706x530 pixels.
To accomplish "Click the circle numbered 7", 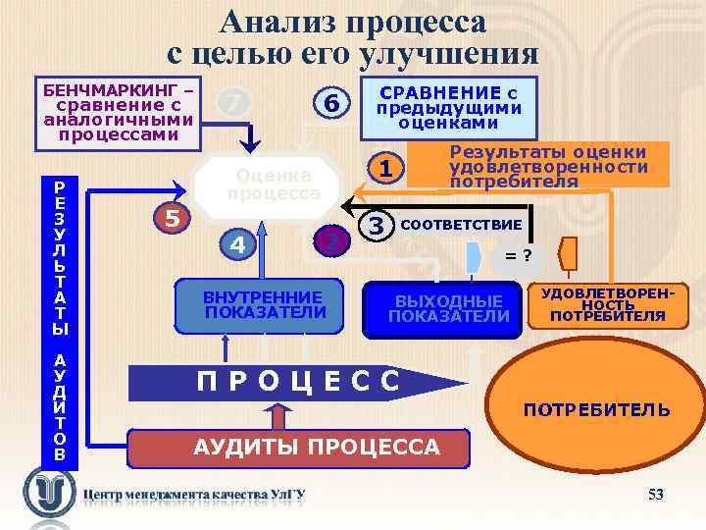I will (232, 100).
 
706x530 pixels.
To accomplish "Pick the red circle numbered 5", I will (172, 218).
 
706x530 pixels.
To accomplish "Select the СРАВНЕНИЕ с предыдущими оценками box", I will (446, 107).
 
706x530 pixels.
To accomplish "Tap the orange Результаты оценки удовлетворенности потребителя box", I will (545, 166).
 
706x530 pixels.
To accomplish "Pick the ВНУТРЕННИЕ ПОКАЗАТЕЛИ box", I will (261, 305).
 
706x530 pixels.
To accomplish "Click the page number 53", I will (656, 494).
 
